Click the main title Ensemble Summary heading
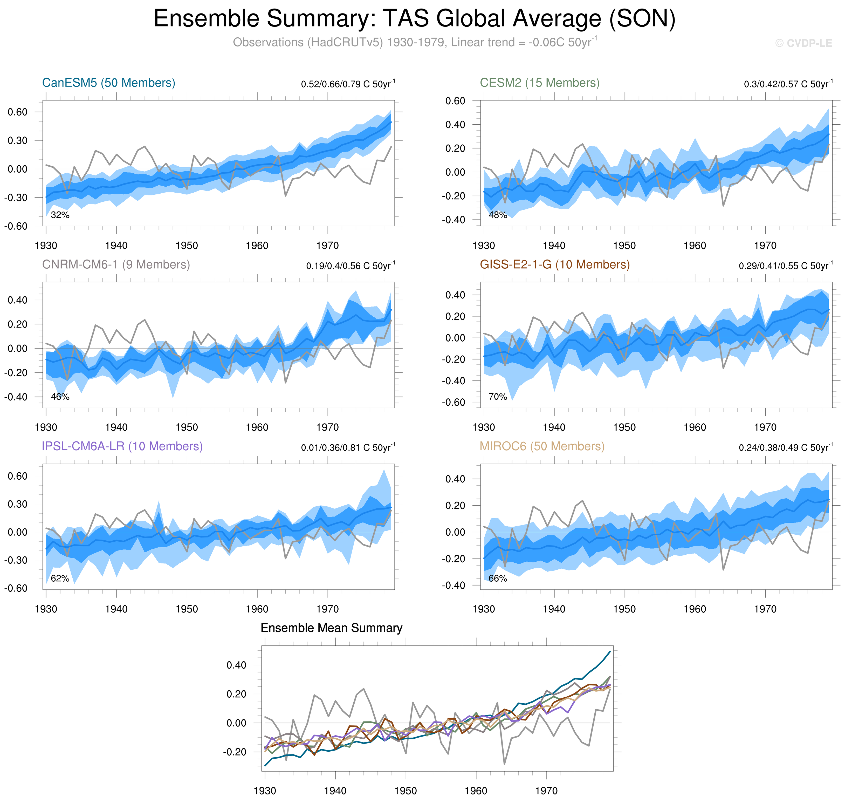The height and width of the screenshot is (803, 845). coord(414,19)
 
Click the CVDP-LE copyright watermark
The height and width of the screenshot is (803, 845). coord(803,43)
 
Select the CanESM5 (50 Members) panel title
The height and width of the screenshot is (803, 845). coord(109,83)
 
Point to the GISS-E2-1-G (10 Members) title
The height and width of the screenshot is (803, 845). coord(554,264)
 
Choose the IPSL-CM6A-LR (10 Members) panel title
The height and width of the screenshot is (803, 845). coord(122,446)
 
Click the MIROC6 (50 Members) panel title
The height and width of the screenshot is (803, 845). coord(542,446)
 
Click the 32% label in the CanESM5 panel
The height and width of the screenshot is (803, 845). coord(60,215)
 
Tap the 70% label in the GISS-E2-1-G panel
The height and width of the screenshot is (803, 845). coord(498,397)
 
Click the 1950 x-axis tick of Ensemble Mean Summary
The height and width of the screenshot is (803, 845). coord(405,791)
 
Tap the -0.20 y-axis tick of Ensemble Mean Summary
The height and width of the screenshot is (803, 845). coord(235,752)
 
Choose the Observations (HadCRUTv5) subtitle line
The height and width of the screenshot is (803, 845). coord(414,42)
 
